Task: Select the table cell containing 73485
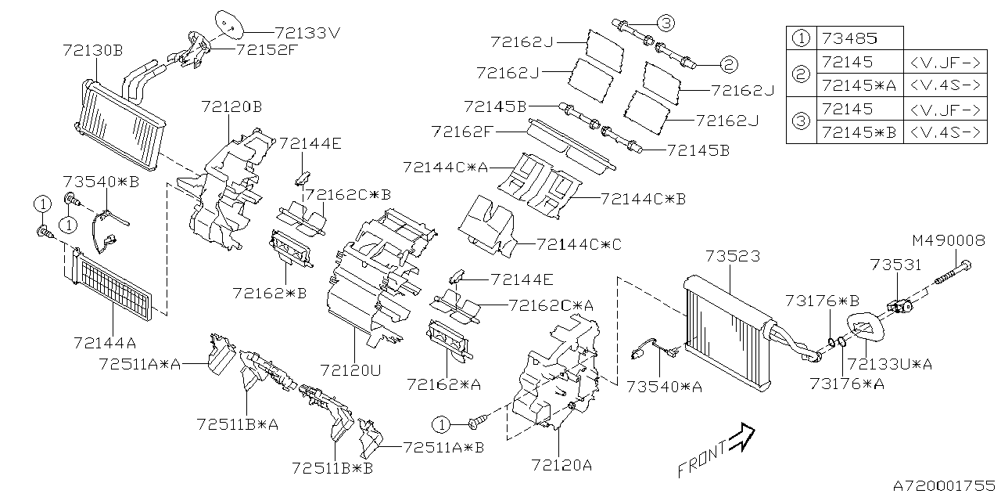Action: [859, 38]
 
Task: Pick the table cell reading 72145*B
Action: [859, 132]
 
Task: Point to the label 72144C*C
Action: [578, 244]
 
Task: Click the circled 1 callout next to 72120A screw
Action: [440, 424]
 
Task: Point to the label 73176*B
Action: [823, 300]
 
